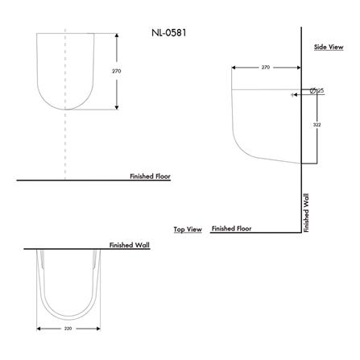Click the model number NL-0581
click(169, 33)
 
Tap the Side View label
click(329, 47)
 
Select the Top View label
click(188, 230)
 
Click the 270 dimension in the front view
click(117, 71)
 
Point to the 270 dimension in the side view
click(266, 67)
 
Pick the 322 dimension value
click(317, 125)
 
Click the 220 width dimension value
click(68, 329)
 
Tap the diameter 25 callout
click(317, 91)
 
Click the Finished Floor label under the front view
click(150, 176)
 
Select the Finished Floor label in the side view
click(232, 229)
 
